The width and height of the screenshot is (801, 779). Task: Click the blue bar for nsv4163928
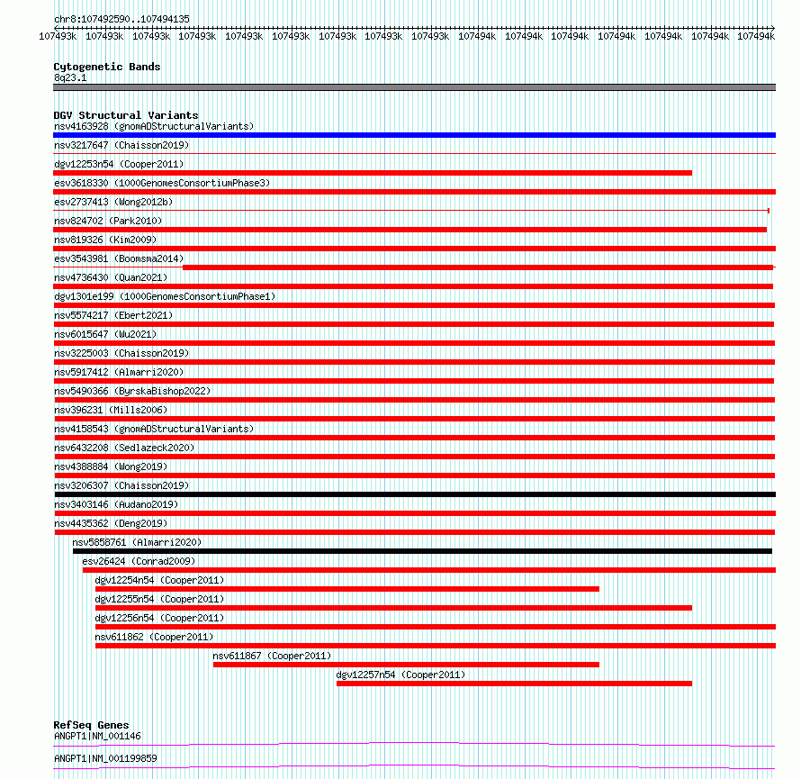click(414, 135)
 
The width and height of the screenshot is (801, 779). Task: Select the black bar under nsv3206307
click(414, 494)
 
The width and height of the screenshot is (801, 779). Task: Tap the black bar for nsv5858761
click(422, 551)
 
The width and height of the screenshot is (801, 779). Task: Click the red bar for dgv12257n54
click(514, 684)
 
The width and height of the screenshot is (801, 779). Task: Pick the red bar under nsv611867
click(406, 665)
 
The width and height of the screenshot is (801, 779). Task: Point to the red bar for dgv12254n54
click(346, 589)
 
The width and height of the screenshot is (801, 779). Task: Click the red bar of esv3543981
click(477, 267)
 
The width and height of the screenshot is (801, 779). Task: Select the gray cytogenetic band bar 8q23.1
click(414, 87)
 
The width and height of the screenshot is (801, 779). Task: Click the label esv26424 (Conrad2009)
click(139, 561)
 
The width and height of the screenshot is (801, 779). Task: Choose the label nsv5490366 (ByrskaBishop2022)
click(131, 391)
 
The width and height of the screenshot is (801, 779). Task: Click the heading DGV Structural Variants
click(126, 115)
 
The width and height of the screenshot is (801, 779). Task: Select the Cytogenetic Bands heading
click(107, 67)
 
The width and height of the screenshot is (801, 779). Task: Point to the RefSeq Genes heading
click(91, 725)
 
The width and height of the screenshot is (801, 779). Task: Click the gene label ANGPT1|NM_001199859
click(105, 758)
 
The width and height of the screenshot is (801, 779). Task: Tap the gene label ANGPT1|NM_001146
click(97, 736)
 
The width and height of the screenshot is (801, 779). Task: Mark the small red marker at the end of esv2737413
click(768, 211)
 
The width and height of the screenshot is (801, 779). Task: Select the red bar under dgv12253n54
click(373, 173)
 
